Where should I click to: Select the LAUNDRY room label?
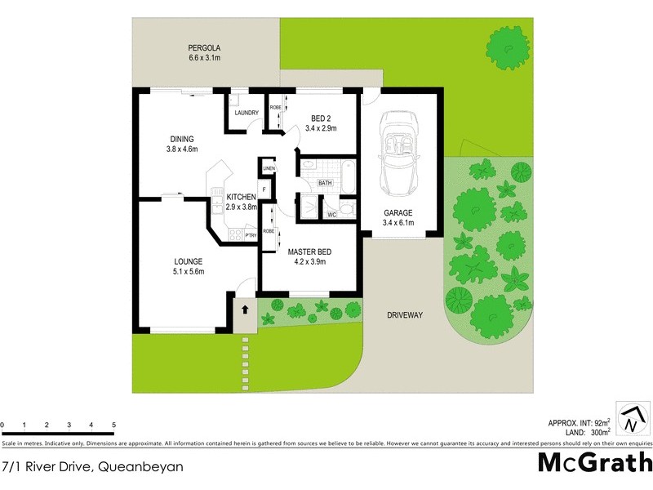246,113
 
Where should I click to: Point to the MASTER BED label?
307,252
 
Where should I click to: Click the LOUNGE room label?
188,261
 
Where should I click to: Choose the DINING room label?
182,138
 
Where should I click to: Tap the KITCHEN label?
242,197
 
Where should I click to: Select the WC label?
331,215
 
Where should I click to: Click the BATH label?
325,183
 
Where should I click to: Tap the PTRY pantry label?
251,235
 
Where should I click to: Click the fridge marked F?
265,190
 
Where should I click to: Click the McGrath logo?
594,463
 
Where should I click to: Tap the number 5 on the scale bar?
113,425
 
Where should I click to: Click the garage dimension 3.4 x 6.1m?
398,222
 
